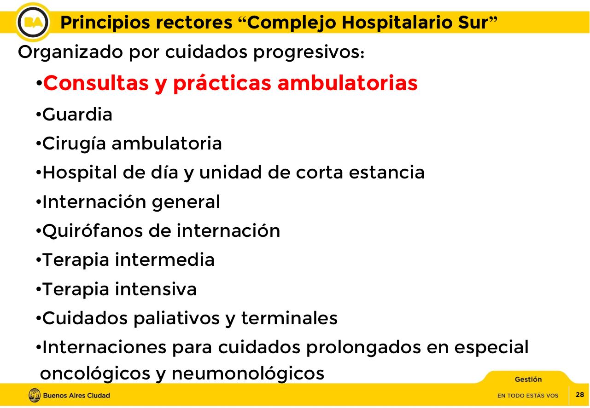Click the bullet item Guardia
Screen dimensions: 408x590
(x=77, y=115)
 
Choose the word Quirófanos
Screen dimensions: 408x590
(x=91, y=231)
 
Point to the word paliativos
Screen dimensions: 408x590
(x=176, y=318)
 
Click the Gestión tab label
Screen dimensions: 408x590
(x=528, y=379)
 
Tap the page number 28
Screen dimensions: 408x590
(x=580, y=395)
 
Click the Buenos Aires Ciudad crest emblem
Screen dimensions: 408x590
(x=34, y=395)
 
